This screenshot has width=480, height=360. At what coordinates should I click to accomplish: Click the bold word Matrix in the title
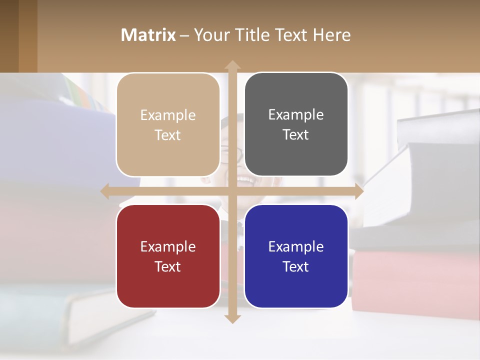pos(148,35)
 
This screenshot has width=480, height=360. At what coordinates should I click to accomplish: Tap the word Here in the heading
pos(331,35)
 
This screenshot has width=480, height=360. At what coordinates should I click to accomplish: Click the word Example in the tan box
pos(168,115)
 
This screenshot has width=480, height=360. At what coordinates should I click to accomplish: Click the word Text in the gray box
pos(296,135)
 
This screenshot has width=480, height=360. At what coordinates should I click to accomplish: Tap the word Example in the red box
pos(168,247)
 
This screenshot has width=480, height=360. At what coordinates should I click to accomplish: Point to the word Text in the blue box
pos(296,266)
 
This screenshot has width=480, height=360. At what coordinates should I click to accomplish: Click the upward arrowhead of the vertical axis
pos(232,65)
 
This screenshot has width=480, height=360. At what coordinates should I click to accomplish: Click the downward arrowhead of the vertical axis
pos(232,318)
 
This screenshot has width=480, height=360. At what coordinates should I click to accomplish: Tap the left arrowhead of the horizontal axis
pos(105,191)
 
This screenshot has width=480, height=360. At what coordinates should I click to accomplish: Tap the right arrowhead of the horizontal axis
pos(358,191)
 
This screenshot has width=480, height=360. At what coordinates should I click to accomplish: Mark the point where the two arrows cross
pos(232,191)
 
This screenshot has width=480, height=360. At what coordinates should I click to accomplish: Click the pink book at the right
pos(415,282)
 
